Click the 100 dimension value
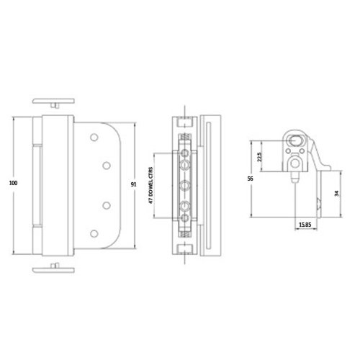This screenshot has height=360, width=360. point(13,183)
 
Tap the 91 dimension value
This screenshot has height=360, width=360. point(133,184)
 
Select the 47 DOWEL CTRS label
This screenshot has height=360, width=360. point(150,185)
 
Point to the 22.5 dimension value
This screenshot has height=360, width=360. point(259,157)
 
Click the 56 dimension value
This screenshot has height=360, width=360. point(250,179)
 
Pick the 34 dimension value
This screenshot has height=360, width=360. point(336,193)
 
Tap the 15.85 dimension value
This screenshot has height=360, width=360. point(305,225)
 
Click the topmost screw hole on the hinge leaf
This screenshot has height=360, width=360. point(94,138)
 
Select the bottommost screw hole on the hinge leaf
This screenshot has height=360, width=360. point(94,233)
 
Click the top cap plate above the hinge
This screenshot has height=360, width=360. point(53,101)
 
